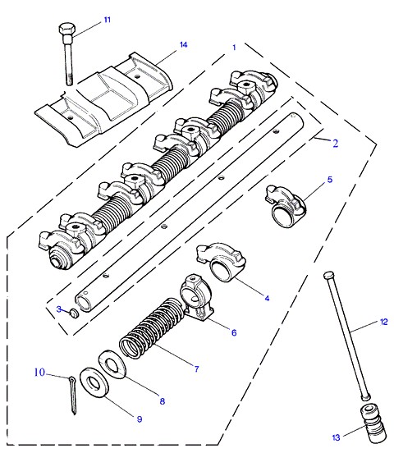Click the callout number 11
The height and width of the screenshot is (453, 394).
108,20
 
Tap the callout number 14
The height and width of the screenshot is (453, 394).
184,45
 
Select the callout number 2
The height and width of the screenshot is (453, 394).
336,144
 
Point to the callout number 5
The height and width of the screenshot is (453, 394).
330,180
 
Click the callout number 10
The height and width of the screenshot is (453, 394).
40,372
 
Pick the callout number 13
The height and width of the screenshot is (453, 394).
336,437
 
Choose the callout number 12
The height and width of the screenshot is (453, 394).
384,322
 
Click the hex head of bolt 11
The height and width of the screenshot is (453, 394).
67,30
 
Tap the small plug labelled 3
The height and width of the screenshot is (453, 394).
75,313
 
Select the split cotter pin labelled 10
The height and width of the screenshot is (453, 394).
72,396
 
